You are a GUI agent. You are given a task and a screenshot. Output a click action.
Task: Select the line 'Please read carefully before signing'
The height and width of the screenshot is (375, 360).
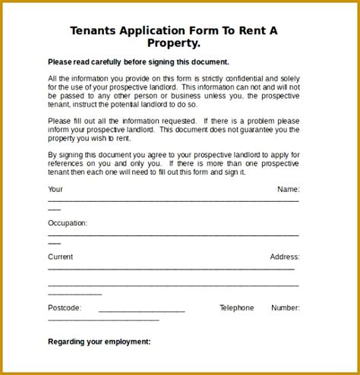coord(138,61)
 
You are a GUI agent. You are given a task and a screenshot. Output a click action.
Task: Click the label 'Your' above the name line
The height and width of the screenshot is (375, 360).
coord(55,189)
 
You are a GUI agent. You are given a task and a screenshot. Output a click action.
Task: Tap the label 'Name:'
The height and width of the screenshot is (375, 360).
coord(288,189)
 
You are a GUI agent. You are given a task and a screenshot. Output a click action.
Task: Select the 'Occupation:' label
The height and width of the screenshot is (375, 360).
coord(68,223)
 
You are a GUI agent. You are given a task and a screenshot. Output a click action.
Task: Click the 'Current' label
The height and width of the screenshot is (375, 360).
coord(61,257)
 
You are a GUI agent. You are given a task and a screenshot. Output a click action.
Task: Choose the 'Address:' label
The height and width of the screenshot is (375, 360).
coord(285,257)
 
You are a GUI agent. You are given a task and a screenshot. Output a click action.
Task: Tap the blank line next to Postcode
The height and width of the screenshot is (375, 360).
coord(141,311)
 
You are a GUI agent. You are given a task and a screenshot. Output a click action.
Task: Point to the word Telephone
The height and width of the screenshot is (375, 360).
coord(237,308)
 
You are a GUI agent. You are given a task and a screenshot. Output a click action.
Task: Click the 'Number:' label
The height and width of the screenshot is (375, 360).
coord(286,308)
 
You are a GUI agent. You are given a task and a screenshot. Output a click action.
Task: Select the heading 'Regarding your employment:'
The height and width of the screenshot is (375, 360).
coord(99,342)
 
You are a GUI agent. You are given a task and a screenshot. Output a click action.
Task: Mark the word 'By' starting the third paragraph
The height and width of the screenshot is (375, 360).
coord(52,156)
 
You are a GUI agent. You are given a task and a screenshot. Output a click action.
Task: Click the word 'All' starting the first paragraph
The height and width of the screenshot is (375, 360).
coord(52,79)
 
